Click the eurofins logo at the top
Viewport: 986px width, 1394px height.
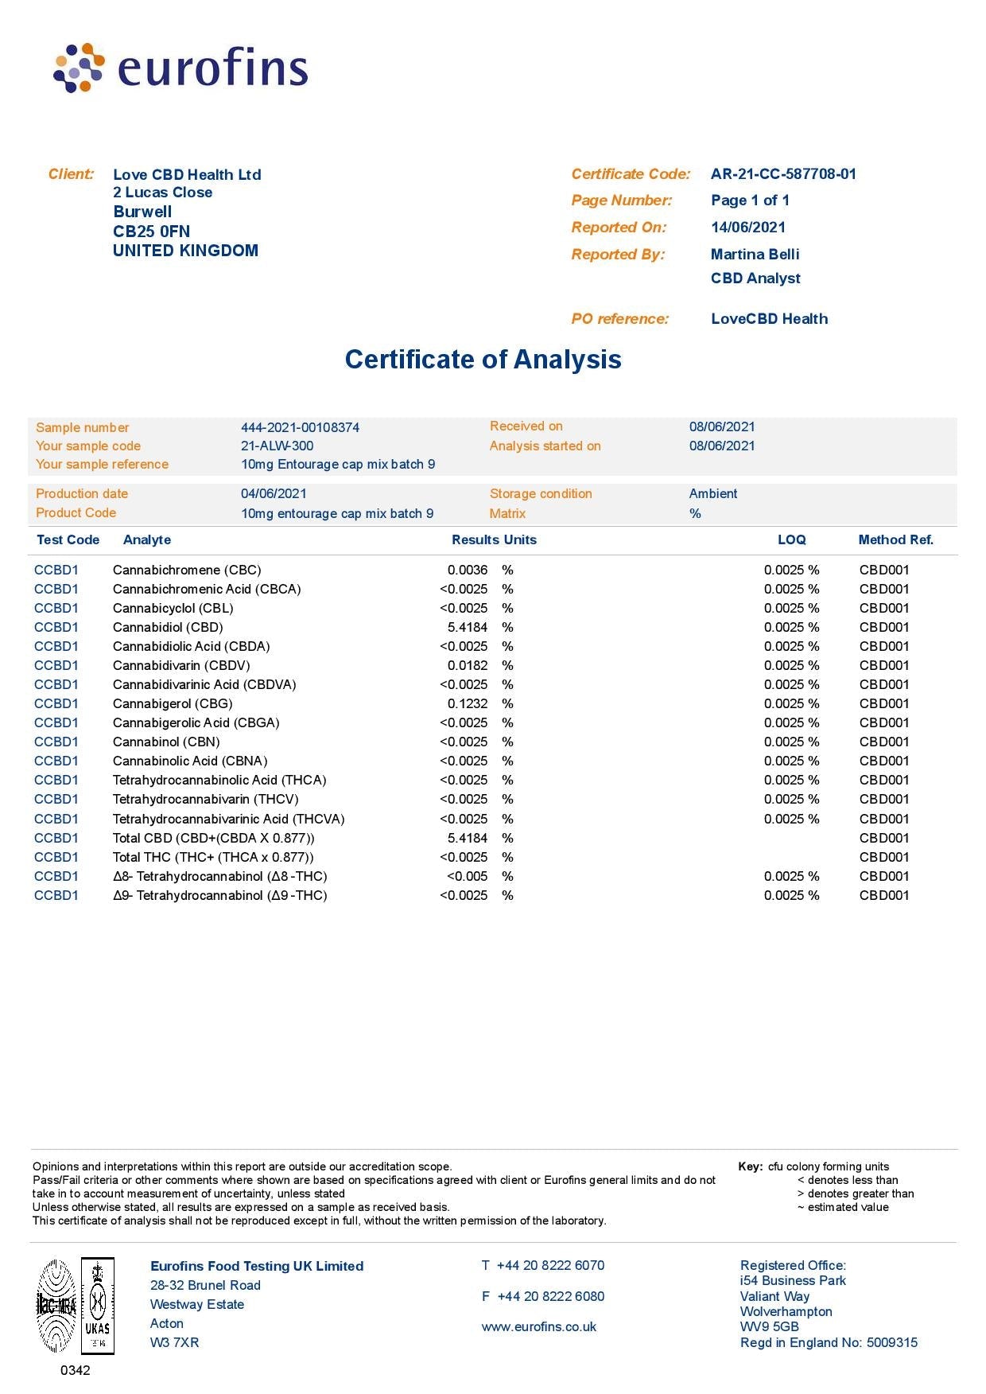point(181,68)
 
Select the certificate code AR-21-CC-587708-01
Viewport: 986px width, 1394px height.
point(783,174)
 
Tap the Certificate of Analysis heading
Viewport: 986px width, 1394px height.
point(483,359)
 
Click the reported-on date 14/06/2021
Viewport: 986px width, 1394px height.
point(747,228)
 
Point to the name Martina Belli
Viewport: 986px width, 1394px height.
point(755,255)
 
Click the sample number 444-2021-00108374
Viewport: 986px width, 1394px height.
point(300,427)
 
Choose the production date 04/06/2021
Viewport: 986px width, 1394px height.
point(274,494)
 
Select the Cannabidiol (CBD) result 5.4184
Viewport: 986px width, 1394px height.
point(468,628)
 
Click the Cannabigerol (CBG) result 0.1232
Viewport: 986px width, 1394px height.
point(468,704)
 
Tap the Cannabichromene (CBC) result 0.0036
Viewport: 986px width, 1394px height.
point(468,570)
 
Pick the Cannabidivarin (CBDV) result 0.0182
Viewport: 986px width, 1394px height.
point(468,666)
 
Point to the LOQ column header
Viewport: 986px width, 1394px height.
point(791,540)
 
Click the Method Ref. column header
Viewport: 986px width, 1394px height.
point(895,540)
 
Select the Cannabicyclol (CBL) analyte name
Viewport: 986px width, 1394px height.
point(173,609)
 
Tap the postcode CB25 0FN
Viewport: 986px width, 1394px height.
point(151,232)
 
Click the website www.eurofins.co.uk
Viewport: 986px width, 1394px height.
point(538,1327)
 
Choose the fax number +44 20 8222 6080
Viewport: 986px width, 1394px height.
point(550,1297)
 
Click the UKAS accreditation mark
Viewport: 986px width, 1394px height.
point(97,1305)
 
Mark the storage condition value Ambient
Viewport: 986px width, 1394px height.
point(713,494)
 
